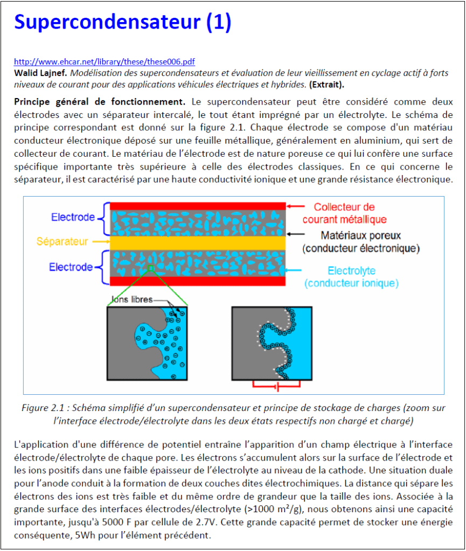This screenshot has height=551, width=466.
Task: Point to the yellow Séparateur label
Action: pos(62,242)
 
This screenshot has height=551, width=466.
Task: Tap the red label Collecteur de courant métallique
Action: pos(344,213)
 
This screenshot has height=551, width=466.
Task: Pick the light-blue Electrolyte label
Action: pos(351,271)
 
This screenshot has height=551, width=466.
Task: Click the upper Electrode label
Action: pos(73,218)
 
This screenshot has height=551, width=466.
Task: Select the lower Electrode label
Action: pos(71,267)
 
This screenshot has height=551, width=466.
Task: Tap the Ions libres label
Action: pos(132,299)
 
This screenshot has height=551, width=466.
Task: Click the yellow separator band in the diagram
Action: pos(198,242)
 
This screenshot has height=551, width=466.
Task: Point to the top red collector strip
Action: pos(198,206)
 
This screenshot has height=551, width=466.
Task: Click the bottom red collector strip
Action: pos(198,280)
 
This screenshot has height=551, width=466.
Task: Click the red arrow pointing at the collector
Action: pos(297,206)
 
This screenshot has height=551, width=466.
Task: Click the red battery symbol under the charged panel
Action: pos(276,386)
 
